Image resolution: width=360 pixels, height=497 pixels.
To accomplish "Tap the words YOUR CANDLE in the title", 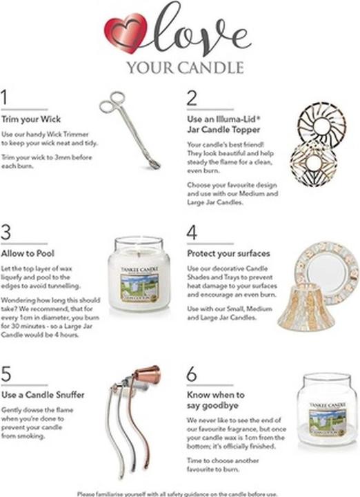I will coord(185,68).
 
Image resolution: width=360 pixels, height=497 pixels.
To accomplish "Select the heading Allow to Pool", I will coord(24,253).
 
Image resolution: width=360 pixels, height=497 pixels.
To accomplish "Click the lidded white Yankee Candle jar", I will coord(139,274).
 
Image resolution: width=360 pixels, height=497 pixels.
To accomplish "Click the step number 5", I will coord(6,373).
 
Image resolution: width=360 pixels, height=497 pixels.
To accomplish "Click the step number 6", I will coord(192,373).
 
